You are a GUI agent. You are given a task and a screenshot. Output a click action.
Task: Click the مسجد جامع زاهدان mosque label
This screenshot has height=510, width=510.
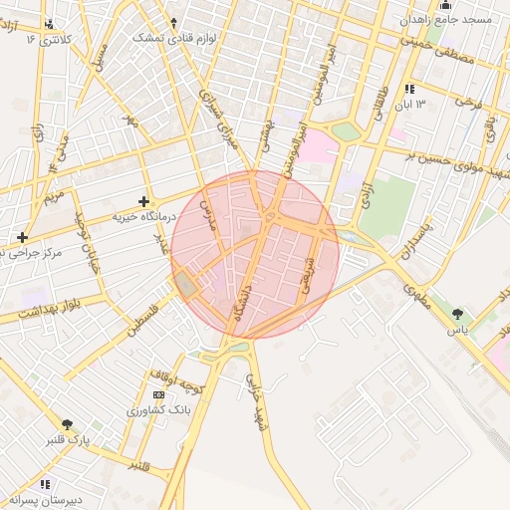coord(459,19)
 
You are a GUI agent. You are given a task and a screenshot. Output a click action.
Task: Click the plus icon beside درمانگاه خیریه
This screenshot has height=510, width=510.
coord(143,201)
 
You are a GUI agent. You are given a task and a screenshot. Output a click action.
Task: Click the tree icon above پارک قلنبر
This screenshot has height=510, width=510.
coord(67,424)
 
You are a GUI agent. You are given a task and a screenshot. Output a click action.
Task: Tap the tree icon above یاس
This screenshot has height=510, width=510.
coord(457,314)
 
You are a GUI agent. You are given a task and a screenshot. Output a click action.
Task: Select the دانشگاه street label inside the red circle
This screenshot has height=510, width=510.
coord(240,300)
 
